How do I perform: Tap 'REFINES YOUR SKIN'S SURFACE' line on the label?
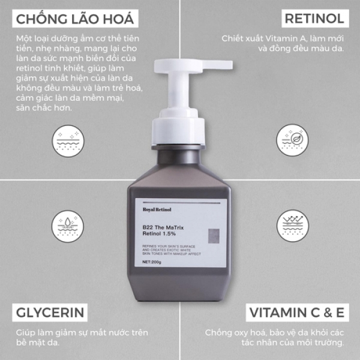click(x=169, y=247)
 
